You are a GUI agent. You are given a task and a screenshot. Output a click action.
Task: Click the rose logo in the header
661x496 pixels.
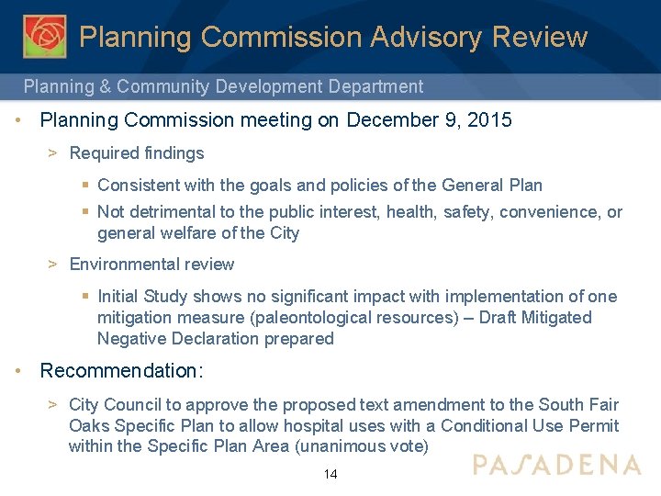[x=44, y=36]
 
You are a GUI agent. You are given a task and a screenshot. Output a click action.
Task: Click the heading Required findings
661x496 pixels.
[x=137, y=153]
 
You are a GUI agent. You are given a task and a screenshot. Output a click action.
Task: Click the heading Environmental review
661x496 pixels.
[x=151, y=265]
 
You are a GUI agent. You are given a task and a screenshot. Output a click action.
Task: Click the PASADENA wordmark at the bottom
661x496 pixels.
[x=556, y=464]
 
